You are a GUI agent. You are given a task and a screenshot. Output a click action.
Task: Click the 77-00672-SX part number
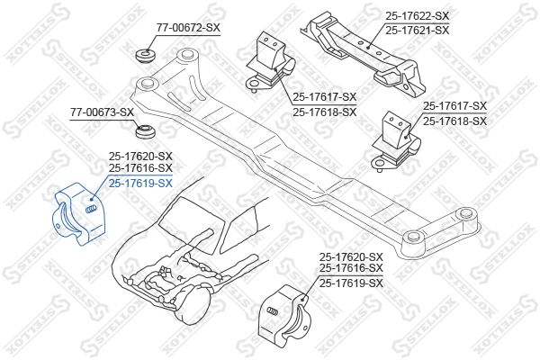coord(188,28)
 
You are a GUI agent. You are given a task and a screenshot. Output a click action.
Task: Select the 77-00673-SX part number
coord(102,112)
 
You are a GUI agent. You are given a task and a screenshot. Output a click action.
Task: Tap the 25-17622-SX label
coord(417,15)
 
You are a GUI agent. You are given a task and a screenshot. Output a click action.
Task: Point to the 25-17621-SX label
coord(417,31)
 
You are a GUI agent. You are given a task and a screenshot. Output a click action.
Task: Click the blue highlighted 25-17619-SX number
coord(140,184)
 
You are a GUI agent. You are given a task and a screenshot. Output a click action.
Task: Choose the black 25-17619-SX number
coord(351,283)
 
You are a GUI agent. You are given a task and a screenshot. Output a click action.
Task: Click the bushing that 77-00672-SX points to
coord(145,57)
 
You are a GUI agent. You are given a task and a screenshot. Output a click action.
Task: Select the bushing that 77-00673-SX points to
coord(145,131)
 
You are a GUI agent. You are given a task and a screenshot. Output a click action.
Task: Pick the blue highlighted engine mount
coord(79,214)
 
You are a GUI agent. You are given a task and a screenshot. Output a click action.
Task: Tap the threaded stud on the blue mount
coord(90,209)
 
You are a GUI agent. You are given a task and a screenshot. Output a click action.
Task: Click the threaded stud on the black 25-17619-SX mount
coord(272,310)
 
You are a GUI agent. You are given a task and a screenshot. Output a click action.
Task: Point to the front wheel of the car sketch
coord(193,306)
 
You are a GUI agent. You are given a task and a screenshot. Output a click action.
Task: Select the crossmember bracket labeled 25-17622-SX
coord(365,51)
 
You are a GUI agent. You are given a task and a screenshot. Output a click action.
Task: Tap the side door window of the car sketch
coord(240,229)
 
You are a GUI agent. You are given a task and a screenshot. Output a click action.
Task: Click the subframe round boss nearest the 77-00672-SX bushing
coord(186,54)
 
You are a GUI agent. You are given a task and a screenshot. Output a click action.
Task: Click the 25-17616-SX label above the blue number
coord(140,168)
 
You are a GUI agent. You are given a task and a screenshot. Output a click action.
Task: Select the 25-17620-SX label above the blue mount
coord(140,157)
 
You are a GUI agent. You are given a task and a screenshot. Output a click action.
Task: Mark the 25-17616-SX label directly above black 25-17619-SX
coord(351,267)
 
